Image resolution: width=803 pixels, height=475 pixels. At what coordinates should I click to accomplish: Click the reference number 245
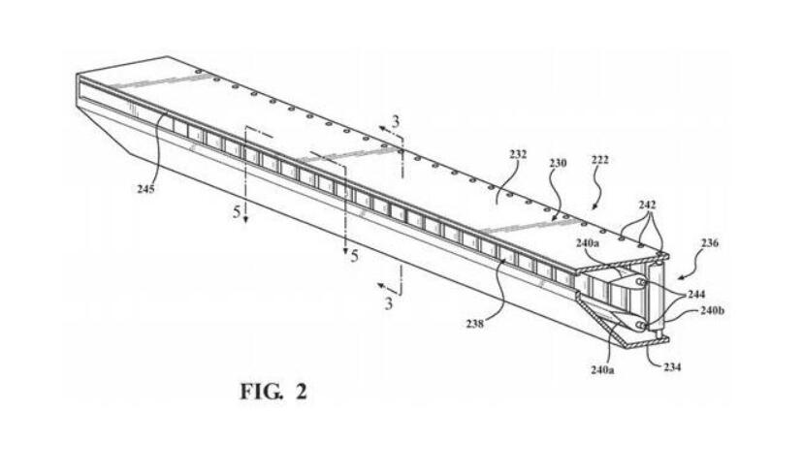pyautogui.click(x=145, y=190)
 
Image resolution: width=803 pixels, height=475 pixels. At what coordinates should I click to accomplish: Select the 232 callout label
pyautogui.click(x=519, y=154)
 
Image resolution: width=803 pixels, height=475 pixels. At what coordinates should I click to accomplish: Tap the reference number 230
pyautogui.click(x=558, y=165)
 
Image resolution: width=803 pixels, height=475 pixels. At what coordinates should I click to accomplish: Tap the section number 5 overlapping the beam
pyautogui.click(x=236, y=210)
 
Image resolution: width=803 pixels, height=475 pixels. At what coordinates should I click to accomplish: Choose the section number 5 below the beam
pyautogui.click(x=355, y=257)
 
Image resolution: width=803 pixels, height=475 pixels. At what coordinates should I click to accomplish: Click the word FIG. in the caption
pyautogui.click(x=261, y=392)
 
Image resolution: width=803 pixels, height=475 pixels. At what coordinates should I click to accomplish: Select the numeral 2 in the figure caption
pyautogui.click(x=302, y=392)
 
